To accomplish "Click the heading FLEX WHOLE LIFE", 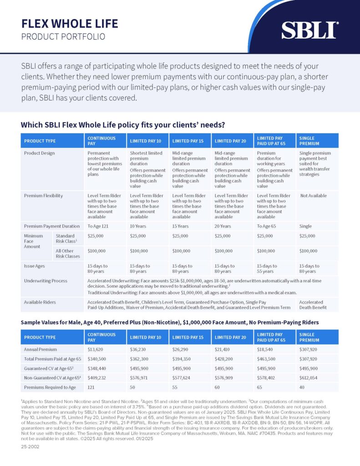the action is pos(70,24).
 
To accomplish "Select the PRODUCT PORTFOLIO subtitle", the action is pos(63,36).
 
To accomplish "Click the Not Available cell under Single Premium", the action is pos(313,196).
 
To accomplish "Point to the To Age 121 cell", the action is pos(98,226).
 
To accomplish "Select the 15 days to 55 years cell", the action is pos(267,268).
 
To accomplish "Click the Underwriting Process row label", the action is pos(46,281).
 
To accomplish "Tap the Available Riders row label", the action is pos(40,302).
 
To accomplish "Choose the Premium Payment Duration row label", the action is pos(52,226).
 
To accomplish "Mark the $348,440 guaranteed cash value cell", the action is pos(96,369).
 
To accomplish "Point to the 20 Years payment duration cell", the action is pos(223,226).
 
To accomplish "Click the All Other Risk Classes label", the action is pos(68,253).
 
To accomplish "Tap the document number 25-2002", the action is pos(30,447).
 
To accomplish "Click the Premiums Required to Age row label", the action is pos(50,388).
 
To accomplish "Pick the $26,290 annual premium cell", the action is pos(180,349).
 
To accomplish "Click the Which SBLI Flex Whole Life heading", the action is pos(123,125).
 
